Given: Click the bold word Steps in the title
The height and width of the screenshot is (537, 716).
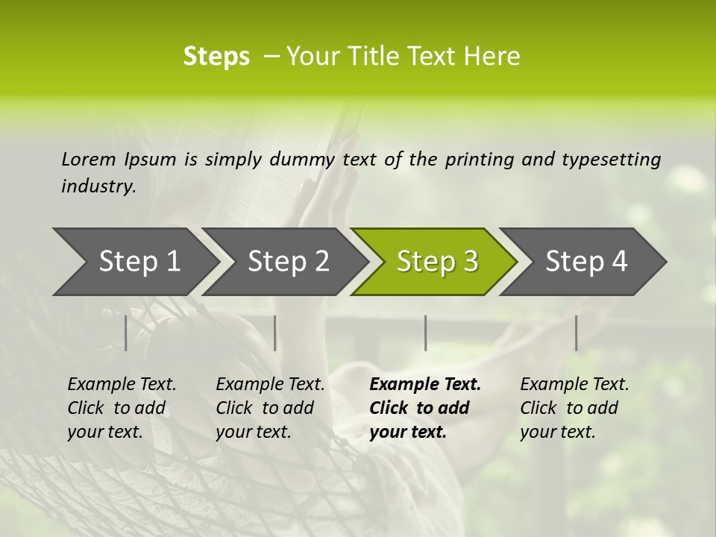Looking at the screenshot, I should tap(216, 56).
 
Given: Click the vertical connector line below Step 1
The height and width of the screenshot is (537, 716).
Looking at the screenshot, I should tap(126, 333).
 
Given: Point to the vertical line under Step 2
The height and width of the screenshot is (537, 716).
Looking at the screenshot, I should tap(275, 333).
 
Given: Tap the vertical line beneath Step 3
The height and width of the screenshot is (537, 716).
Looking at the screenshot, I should tap(426, 333).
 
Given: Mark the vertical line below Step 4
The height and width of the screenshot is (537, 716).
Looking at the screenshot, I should tap(576, 333).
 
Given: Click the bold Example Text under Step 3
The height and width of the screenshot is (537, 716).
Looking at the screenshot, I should tap(425, 408).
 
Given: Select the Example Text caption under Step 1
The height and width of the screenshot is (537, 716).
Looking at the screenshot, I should tap(122, 408).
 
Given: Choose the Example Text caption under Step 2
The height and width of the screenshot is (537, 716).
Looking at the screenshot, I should tap(270, 408).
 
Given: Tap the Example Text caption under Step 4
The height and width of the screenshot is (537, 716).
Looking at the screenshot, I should tap(574, 408).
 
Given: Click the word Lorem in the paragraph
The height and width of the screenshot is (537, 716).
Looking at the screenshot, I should tap(89, 159).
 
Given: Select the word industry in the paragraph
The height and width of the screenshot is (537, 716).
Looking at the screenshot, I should tap(98, 186).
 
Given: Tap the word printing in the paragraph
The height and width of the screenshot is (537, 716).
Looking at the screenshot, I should tap(480, 160).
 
